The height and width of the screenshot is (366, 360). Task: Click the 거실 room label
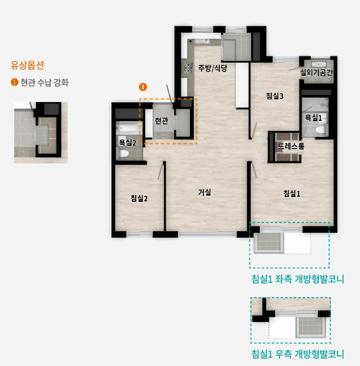pos(204,192)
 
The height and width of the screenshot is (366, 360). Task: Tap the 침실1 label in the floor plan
pos(292,193)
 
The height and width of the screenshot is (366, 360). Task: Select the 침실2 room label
pos(139,198)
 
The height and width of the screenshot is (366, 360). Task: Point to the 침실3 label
pos(275,96)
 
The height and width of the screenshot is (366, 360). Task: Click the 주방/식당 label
pos(213,68)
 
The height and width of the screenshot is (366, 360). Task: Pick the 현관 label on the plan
pos(161,120)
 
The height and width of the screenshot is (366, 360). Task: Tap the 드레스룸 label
pos(291,146)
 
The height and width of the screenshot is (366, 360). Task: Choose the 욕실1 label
pos(313,118)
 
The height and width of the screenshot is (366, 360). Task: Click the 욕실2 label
pos(127,143)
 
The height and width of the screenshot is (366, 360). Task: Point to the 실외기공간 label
pos(317,73)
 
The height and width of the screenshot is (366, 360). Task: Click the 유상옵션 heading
pos(27,65)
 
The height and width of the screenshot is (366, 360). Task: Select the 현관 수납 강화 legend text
pos(44,83)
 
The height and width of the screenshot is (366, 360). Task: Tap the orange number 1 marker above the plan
pos(143,87)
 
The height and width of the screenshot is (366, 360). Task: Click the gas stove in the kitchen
pos(188,68)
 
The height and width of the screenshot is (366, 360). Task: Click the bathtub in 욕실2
pos(127,128)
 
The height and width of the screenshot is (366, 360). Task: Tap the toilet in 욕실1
pos(320,130)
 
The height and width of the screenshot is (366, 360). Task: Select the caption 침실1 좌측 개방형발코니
pos(298,279)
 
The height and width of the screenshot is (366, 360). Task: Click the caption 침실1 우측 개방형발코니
pos(298,354)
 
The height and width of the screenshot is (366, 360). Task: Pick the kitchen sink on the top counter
pos(202,41)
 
